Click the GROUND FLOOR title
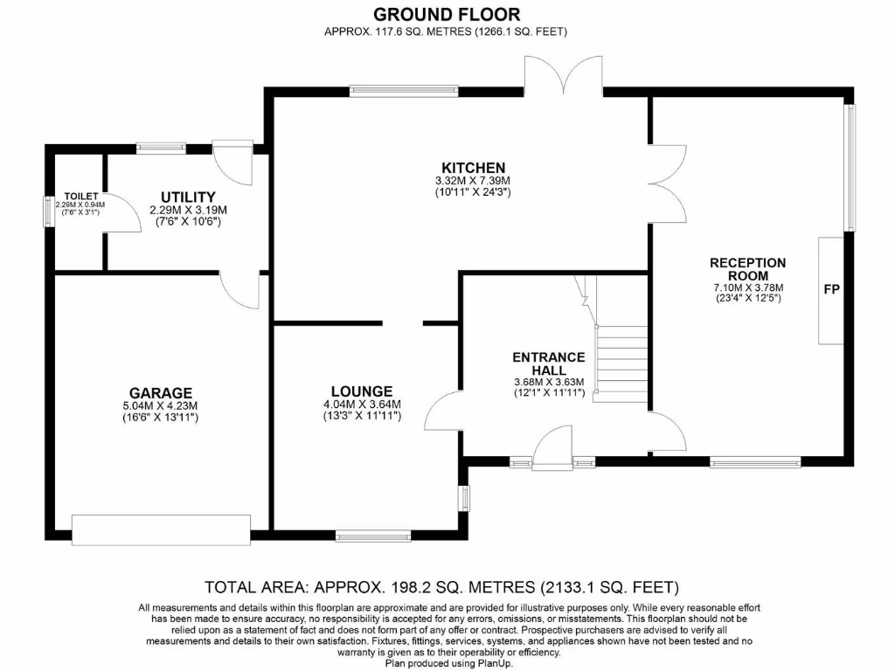click(447, 14)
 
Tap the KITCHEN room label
click(473, 168)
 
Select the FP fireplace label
click(831, 289)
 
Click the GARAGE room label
click(160, 393)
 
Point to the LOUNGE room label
click(361, 391)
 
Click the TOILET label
click(80, 197)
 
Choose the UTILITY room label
click(188, 197)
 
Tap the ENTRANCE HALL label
click(548, 363)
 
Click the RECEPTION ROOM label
click(747, 268)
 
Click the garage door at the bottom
click(161, 529)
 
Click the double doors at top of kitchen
click(563, 77)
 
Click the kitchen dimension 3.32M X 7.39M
click(473, 181)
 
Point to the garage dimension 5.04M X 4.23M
click(160, 405)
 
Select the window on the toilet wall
click(50, 211)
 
